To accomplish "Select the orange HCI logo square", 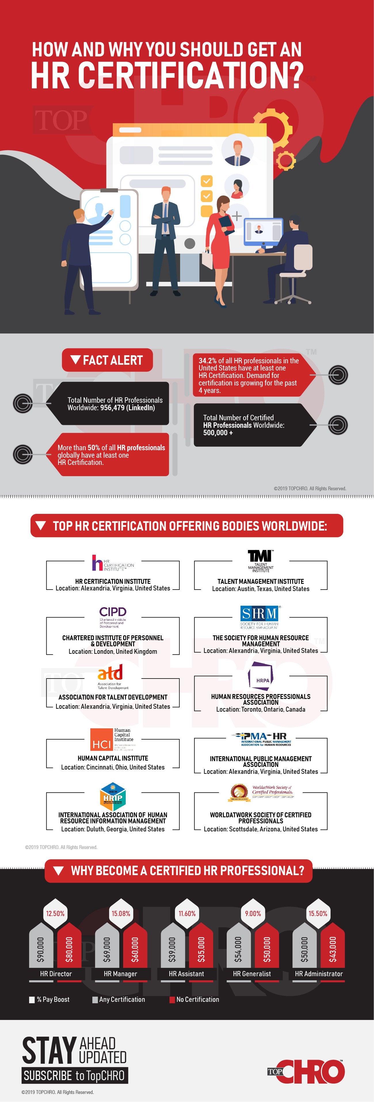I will [101, 740].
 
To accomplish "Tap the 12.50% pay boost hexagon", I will [56, 913].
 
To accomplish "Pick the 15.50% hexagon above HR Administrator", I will [318, 913].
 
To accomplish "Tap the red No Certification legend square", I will [172, 1000].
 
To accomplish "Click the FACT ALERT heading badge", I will [107, 360].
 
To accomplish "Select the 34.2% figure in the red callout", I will [207, 361].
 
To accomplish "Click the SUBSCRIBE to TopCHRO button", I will [75, 1076].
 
